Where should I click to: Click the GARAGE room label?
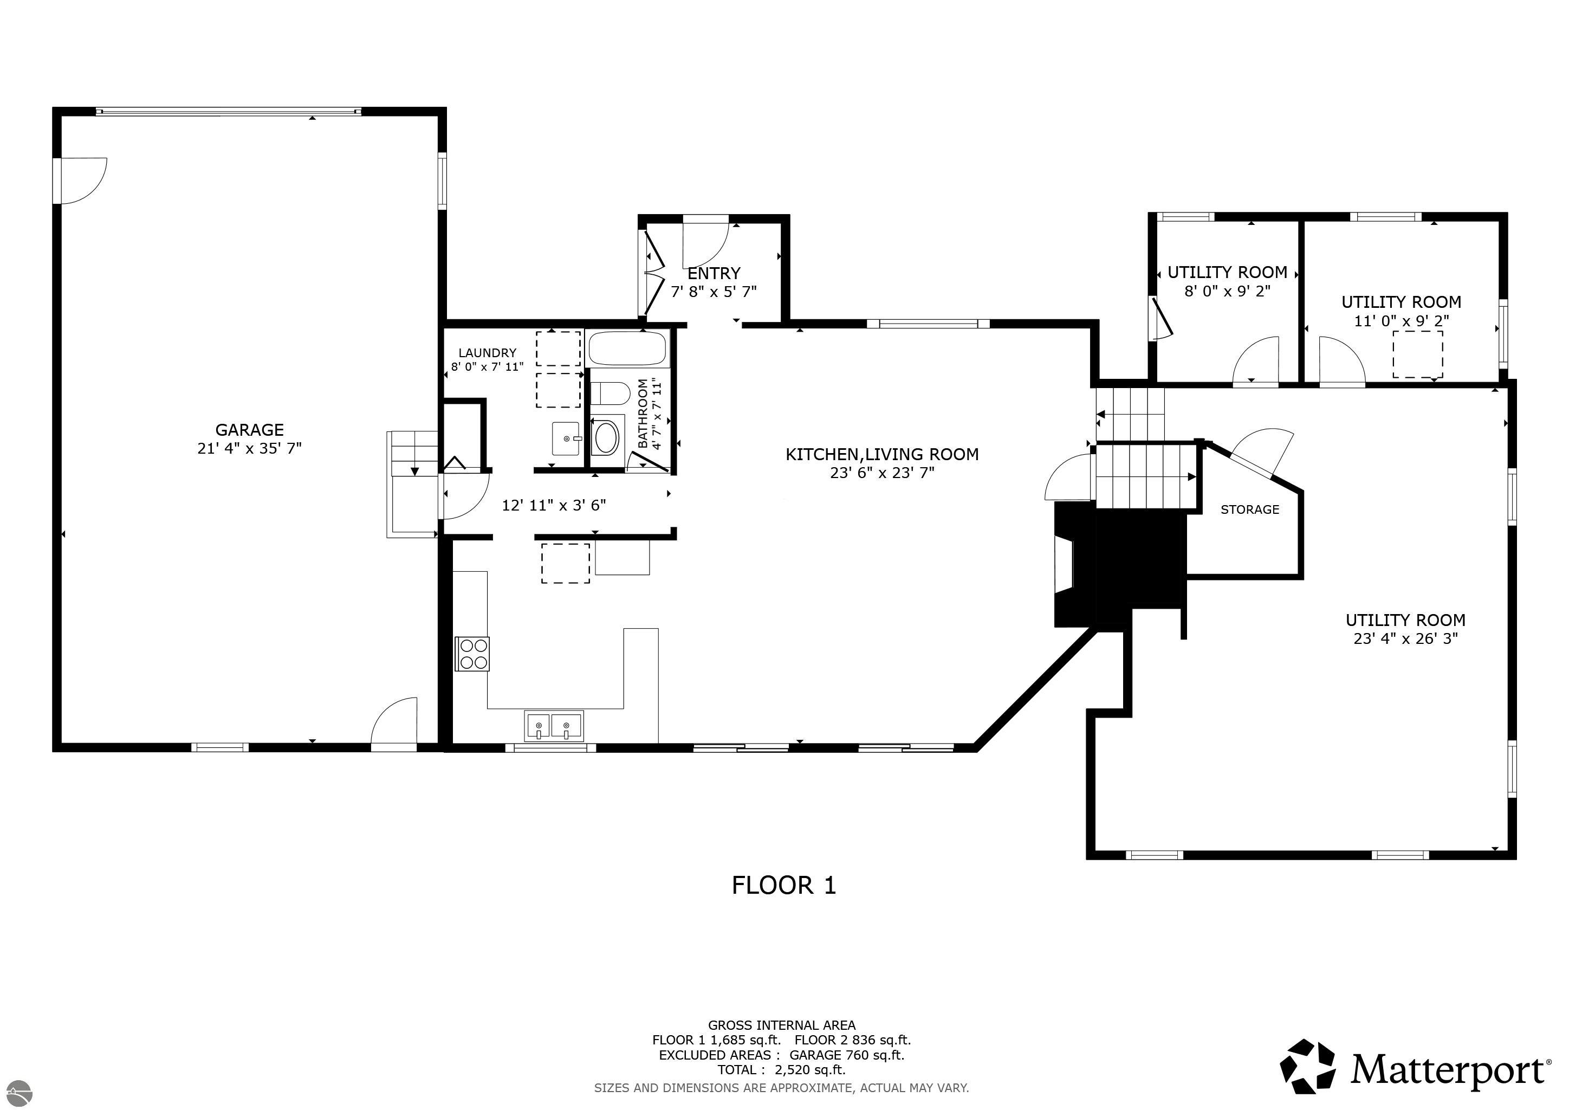(x=249, y=430)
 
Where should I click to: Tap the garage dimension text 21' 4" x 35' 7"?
(x=249, y=448)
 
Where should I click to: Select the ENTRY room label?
(x=714, y=273)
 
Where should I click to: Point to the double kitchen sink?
(x=554, y=725)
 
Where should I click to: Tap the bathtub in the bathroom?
(x=627, y=349)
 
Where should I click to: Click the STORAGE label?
(x=1250, y=510)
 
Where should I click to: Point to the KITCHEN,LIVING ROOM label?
(x=882, y=455)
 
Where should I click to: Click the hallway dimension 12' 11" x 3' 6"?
(x=554, y=506)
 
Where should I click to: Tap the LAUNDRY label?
(x=487, y=353)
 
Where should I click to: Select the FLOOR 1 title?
(x=784, y=886)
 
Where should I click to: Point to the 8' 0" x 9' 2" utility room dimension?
(x=1227, y=291)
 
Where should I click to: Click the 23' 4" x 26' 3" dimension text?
(x=1406, y=639)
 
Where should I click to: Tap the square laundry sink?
(x=566, y=438)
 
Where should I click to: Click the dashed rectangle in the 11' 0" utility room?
(x=1418, y=354)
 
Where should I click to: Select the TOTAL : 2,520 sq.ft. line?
(x=782, y=1070)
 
